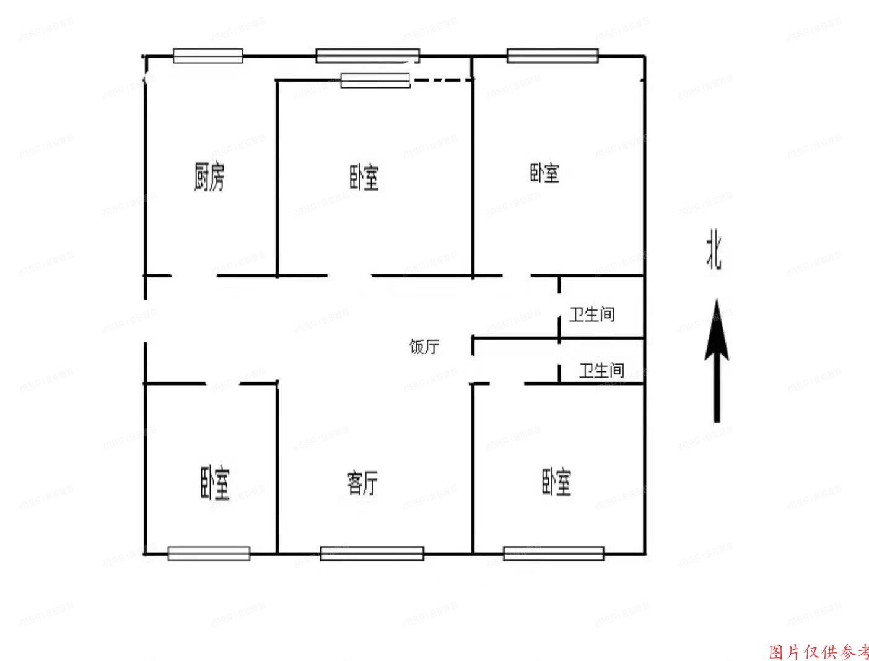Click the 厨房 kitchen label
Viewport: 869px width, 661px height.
point(209,176)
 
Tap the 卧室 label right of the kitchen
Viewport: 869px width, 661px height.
point(364,178)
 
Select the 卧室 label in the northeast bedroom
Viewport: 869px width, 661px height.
point(544,173)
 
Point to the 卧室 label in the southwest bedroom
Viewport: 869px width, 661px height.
point(215,483)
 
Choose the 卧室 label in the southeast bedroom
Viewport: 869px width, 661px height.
point(556,482)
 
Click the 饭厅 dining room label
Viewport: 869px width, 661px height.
point(424,347)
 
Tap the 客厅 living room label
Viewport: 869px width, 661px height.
point(363,482)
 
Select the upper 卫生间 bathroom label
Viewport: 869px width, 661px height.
point(592,314)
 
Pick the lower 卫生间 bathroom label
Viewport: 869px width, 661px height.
point(601,371)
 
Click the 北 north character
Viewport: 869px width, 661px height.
point(714,251)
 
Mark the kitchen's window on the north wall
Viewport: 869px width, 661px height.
point(207,56)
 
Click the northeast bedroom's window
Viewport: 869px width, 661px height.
point(552,56)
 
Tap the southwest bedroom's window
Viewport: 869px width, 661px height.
point(209,553)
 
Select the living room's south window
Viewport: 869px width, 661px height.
point(372,553)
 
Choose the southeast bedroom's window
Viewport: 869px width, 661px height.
point(553,553)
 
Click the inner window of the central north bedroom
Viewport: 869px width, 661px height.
point(375,80)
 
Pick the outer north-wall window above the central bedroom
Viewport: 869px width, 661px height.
point(367,56)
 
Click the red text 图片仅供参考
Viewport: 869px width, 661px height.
point(818,652)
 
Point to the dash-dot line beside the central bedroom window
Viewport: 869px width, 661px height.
point(443,80)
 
